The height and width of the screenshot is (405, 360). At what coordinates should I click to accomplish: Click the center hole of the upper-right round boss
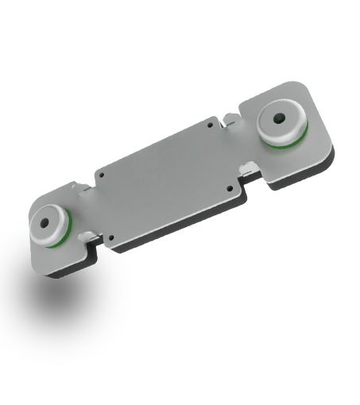tap(279, 119)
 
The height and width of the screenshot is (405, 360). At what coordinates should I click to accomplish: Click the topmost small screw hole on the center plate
tap(210, 124)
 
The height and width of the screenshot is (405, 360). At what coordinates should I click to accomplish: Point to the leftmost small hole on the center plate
tap(101, 174)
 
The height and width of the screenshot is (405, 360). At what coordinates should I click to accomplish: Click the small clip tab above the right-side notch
tap(228, 120)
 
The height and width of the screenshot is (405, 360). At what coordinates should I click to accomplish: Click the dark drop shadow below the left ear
tap(56, 298)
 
